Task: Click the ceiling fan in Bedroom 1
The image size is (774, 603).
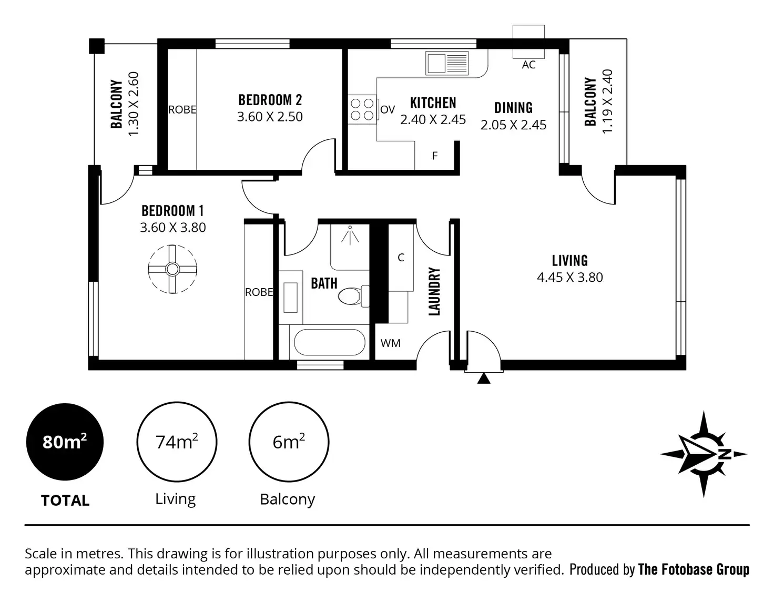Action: [172, 269]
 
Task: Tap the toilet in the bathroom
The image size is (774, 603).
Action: [351, 296]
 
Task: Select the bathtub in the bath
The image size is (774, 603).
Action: [329, 343]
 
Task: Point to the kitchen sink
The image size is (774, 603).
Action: [447, 64]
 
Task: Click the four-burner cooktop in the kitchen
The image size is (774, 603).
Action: [362, 109]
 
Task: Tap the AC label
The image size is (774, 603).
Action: [528, 65]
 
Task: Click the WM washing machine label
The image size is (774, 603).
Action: [390, 343]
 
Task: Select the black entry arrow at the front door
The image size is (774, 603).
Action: [484, 378]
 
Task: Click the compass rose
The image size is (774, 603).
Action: [704, 454]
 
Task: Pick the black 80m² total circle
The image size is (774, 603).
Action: [65, 442]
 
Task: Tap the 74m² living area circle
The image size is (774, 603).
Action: [177, 442]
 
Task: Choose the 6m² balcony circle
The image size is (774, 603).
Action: [289, 442]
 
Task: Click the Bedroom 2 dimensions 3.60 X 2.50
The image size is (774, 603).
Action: [270, 117]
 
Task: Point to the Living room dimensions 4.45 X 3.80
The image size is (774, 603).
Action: [569, 277]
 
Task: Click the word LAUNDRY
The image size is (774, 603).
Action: [434, 291]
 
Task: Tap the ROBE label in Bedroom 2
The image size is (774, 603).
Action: [182, 110]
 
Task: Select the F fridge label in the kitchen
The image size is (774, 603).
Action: [435, 156]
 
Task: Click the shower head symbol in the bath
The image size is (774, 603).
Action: [350, 235]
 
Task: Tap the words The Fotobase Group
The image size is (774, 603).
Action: [694, 569]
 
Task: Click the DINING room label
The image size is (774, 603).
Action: [513, 108]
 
